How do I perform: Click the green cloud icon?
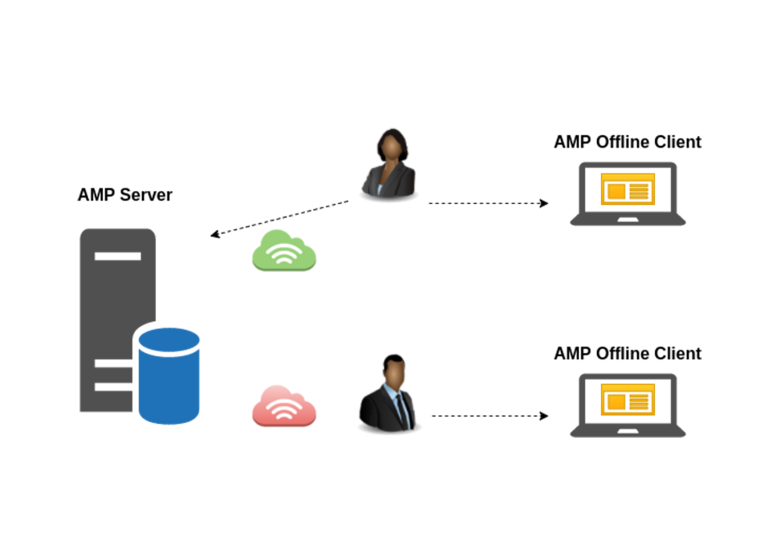point(284,251)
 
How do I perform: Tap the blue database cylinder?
point(169,383)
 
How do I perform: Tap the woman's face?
point(391,147)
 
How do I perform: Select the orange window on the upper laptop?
point(628,189)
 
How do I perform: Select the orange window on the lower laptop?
point(628,400)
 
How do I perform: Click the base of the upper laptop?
point(628,221)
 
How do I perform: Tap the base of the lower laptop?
point(628,433)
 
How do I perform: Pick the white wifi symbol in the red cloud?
point(284,410)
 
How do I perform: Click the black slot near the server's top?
point(118,256)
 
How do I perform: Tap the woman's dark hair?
point(401,139)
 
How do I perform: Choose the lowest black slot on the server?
point(114,386)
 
